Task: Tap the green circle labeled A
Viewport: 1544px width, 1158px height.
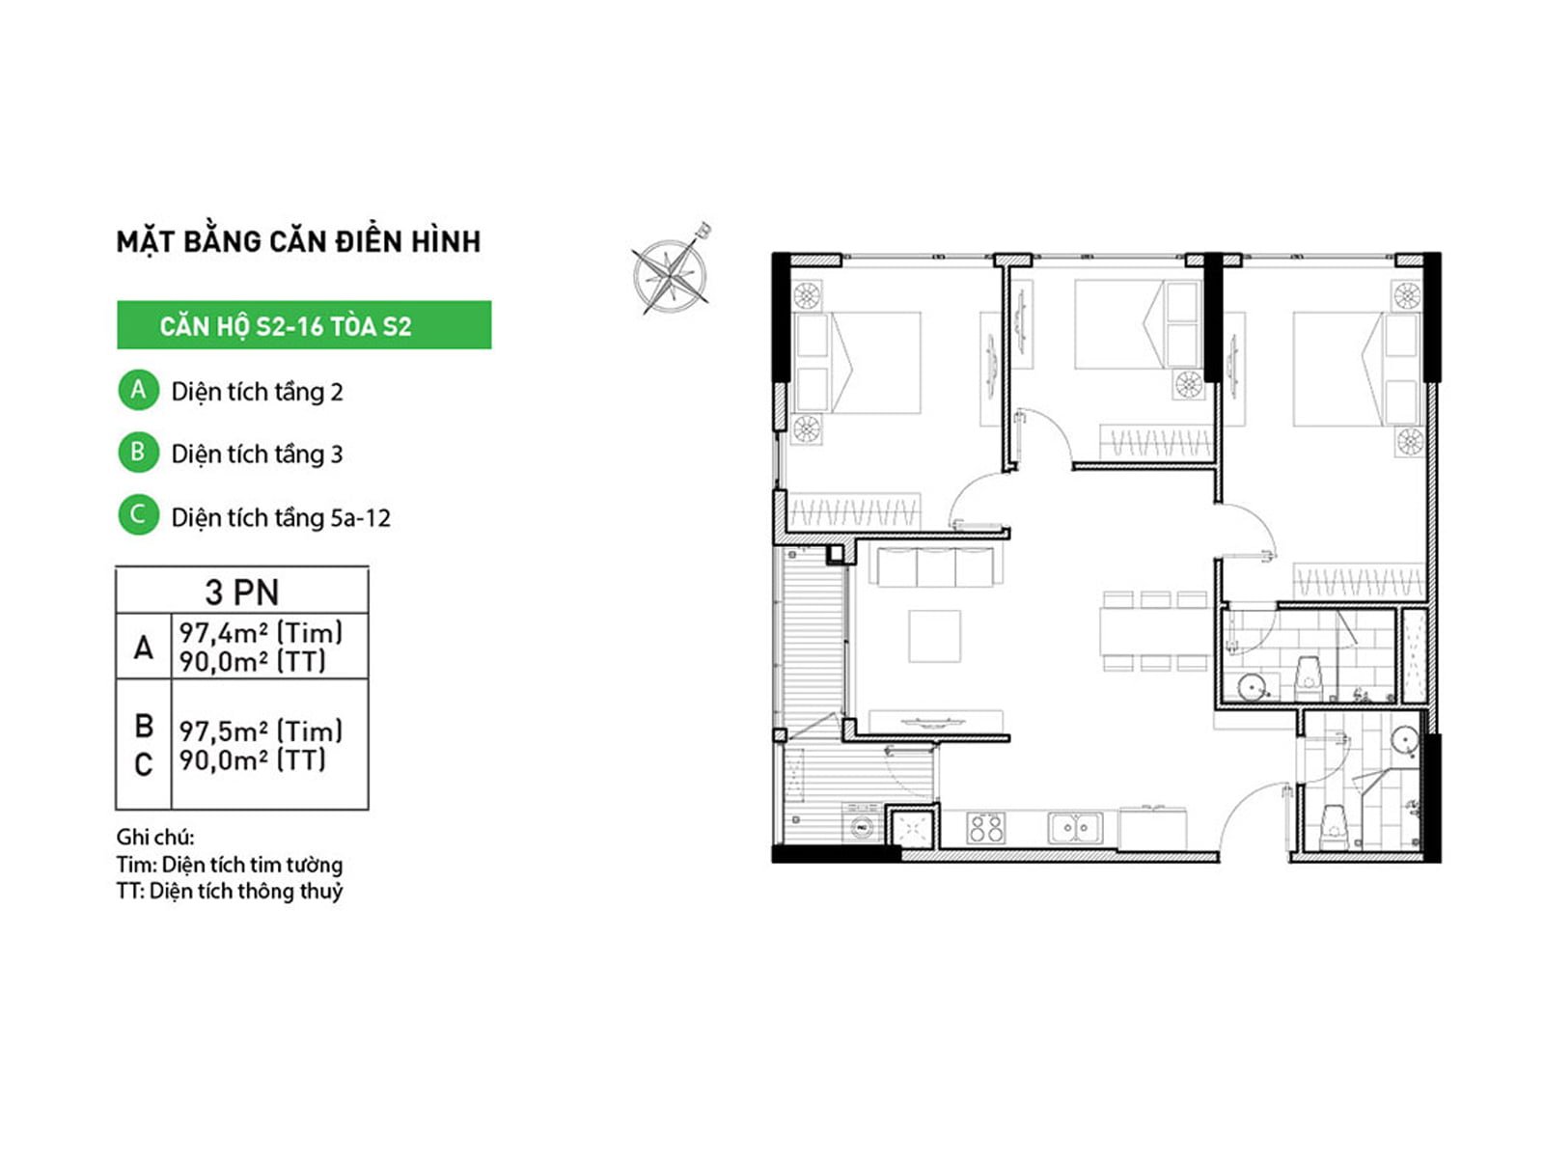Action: pyautogui.click(x=139, y=390)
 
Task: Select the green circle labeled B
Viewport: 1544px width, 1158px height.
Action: pyautogui.click(x=139, y=452)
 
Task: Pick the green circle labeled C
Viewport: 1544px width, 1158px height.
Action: pyautogui.click(x=139, y=514)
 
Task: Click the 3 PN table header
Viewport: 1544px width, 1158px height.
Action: pyautogui.click(x=242, y=592)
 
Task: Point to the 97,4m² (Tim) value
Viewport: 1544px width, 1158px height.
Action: pyautogui.click(x=261, y=633)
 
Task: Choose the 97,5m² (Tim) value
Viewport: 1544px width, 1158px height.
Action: pyautogui.click(x=261, y=731)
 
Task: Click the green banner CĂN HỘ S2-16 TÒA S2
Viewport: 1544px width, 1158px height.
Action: pyautogui.click(x=304, y=325)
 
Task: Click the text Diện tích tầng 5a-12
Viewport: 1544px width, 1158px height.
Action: pyautogui.click(x=281, y=517)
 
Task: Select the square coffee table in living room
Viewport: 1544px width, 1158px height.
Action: pyautogui.click(x=934, y=636)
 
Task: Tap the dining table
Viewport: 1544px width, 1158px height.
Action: pyautogui.click(x=1154, y=631)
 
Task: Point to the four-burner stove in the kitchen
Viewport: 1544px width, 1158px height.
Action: pyautogui.click(x=986, y=828)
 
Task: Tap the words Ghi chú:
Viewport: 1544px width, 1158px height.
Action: pyautogui.click(x=155, y=837)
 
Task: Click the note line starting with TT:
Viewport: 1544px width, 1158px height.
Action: pyautogui.click(x=230, y=891)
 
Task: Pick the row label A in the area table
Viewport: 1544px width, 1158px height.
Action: pyautogui.click(x=144, y=647)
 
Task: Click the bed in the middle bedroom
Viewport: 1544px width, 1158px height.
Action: pyautogui.click(x=1138, y=323)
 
